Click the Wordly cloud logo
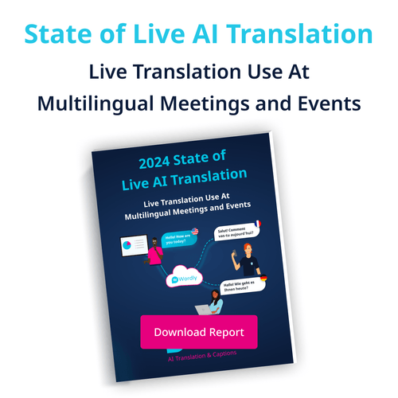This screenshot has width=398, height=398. tap(182, 280)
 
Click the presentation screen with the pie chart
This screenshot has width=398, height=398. tap(133, 243)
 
